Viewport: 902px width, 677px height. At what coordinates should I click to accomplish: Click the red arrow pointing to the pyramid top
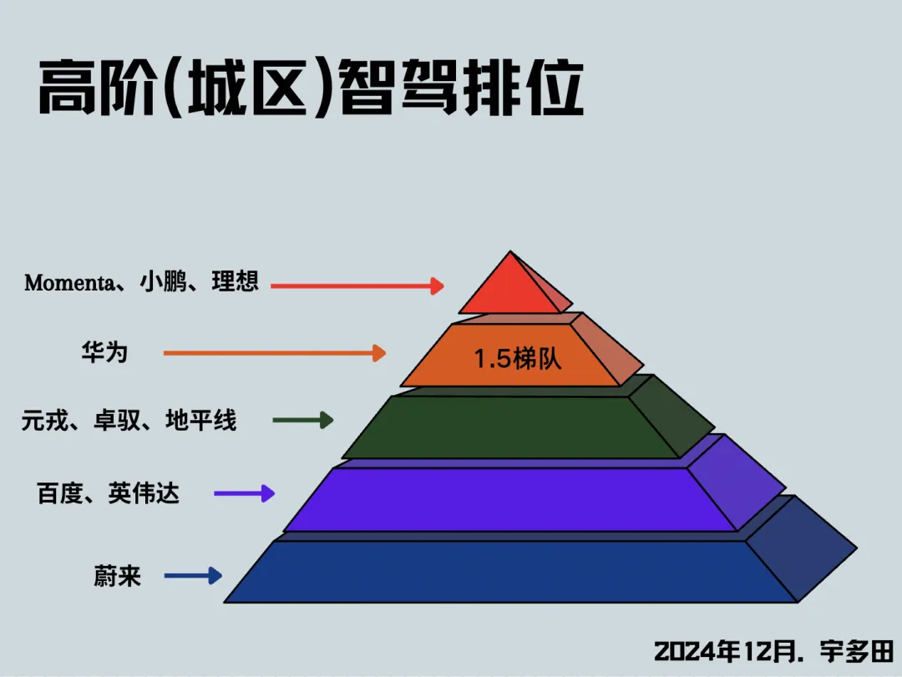357,286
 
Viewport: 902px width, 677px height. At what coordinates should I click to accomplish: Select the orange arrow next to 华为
275,353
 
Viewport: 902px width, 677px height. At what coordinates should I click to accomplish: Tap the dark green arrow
314,420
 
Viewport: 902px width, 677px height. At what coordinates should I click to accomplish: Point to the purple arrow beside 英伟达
244,493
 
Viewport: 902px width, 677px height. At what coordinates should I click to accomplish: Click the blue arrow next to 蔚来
193,575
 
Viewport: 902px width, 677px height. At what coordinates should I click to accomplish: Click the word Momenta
69,282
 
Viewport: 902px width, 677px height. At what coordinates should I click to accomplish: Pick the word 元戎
45,420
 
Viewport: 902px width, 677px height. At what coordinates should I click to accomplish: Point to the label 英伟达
144,493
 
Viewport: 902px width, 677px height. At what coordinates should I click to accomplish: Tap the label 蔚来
118,576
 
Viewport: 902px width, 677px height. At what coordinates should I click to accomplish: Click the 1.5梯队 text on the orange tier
518,359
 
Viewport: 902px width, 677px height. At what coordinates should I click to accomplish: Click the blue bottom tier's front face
509,572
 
